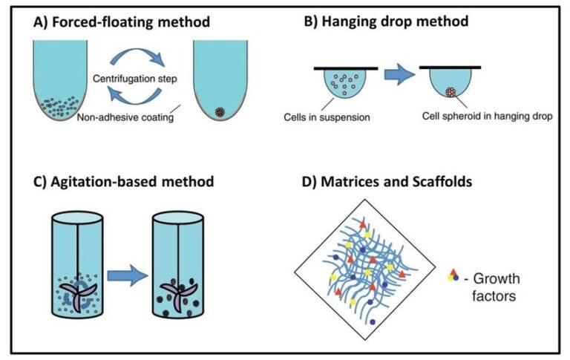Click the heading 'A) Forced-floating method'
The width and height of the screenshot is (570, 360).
[122, 22]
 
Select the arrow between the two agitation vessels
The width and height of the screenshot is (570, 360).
[127, 277]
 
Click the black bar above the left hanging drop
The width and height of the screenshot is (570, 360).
[343, 68]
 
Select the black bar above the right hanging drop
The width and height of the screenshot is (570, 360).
[458, 68]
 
